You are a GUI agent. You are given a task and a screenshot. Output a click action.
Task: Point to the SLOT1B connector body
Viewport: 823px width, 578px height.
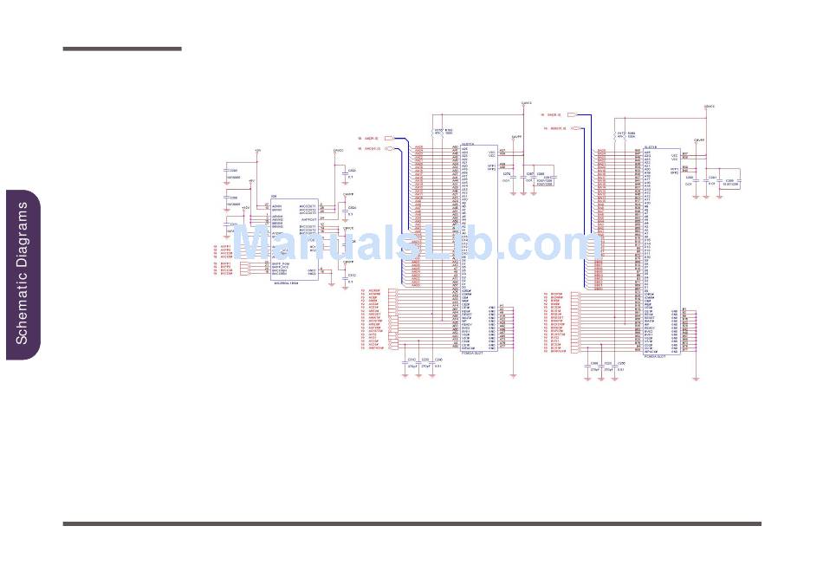[658, 251]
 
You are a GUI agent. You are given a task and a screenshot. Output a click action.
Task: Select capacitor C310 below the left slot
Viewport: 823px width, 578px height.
[411, 361]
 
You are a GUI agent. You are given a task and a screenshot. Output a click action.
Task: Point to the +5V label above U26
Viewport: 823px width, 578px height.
[258, 151]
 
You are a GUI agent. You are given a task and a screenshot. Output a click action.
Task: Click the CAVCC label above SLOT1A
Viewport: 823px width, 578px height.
[525, 103]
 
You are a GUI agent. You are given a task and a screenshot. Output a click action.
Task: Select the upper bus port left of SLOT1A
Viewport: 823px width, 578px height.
[390, 138]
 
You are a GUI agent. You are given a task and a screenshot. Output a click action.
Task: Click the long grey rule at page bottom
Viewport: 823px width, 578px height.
[411, 523]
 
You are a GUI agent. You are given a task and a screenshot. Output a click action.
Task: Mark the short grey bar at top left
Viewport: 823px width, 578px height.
[122, 49]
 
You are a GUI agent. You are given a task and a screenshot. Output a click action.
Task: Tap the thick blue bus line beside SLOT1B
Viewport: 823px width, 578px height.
[592, 199]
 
